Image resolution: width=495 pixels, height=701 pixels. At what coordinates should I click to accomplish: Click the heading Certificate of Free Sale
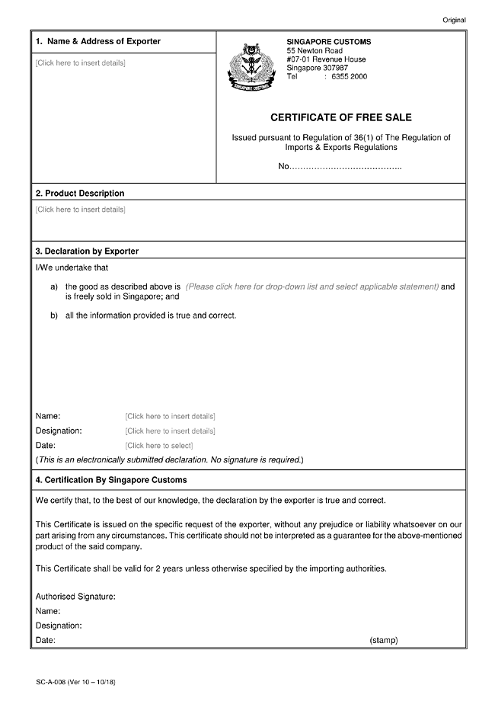341,118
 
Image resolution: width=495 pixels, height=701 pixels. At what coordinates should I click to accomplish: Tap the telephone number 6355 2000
350,77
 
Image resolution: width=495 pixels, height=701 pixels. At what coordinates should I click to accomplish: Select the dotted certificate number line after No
346,167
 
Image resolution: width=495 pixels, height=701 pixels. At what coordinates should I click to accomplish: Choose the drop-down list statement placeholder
312,286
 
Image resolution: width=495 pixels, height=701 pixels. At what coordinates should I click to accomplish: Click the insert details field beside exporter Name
170,416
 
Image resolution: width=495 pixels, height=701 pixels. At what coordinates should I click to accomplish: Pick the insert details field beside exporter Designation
170,431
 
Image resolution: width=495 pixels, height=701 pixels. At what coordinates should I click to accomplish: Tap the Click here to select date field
159,445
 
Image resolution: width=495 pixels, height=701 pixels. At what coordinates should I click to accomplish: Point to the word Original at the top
454,20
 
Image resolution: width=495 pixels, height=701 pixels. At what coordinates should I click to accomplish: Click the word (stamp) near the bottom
384,641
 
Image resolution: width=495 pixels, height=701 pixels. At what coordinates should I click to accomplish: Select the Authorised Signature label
75,597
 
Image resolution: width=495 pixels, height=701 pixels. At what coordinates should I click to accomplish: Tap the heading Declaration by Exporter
87,251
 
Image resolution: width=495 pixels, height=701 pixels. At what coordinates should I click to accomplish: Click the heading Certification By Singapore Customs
111,480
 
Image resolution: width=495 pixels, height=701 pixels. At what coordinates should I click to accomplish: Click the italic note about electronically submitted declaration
170,460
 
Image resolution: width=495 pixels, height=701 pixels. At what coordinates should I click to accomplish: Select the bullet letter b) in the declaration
55,315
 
